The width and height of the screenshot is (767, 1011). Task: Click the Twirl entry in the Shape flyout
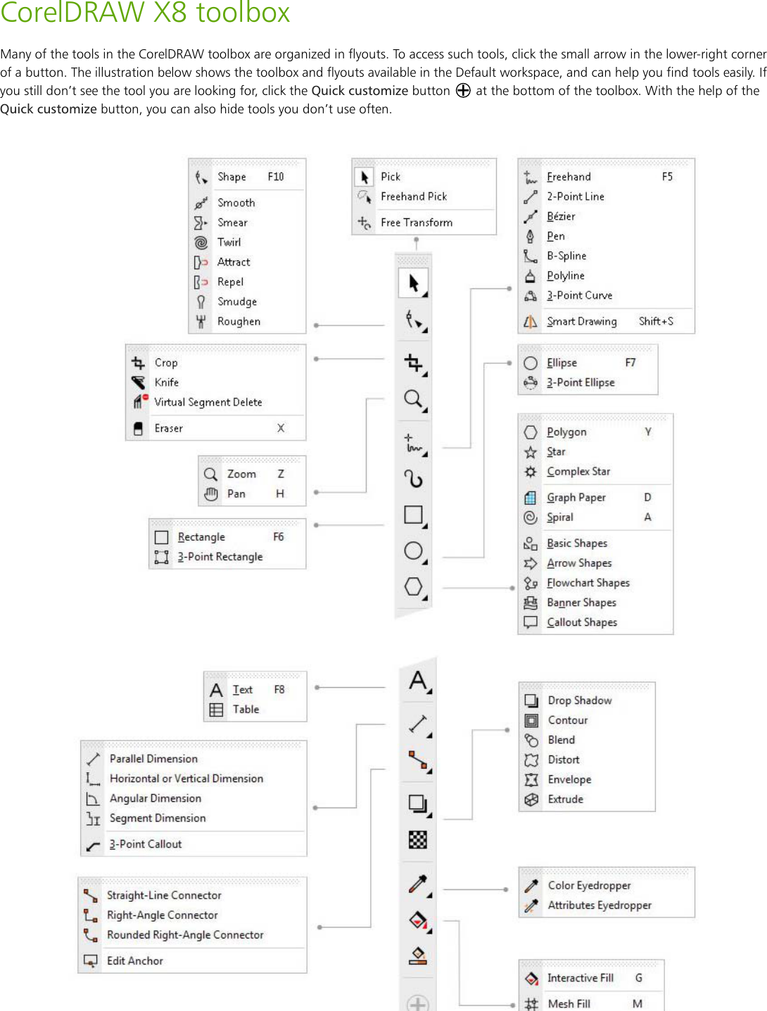coord(229,242)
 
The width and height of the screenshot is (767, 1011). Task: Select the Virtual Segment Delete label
coord(208,402)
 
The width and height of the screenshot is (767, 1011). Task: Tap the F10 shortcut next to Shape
coord(275,177)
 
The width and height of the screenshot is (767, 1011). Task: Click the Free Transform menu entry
coord(416,222)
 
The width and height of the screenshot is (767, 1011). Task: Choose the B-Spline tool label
coord(566,256)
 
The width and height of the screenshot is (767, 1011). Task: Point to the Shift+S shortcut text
coord(655,321)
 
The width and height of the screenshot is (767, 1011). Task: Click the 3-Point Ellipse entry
coord(580,382)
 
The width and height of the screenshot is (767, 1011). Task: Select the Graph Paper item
coord(576,497)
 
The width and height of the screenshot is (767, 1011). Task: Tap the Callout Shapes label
coord(581,622)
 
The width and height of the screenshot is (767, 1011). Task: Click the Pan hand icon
coord(211,494)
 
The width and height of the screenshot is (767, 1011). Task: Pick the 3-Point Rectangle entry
coord(220,556)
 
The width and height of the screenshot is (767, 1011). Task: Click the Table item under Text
coord(246,709)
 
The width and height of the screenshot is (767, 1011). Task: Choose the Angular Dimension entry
coord(155,798)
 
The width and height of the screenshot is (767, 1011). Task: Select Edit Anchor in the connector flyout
coord(134,960)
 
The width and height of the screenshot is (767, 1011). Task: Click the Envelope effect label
coord(569,779)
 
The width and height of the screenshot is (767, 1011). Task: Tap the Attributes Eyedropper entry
coord(599,905)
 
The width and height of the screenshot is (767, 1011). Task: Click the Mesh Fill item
coord(569,1003)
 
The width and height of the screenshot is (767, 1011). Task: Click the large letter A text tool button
coord(418,681)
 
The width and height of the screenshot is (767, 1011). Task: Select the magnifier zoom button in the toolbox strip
coord(413,399)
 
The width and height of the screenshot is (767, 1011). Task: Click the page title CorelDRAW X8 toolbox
coord(145,13)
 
